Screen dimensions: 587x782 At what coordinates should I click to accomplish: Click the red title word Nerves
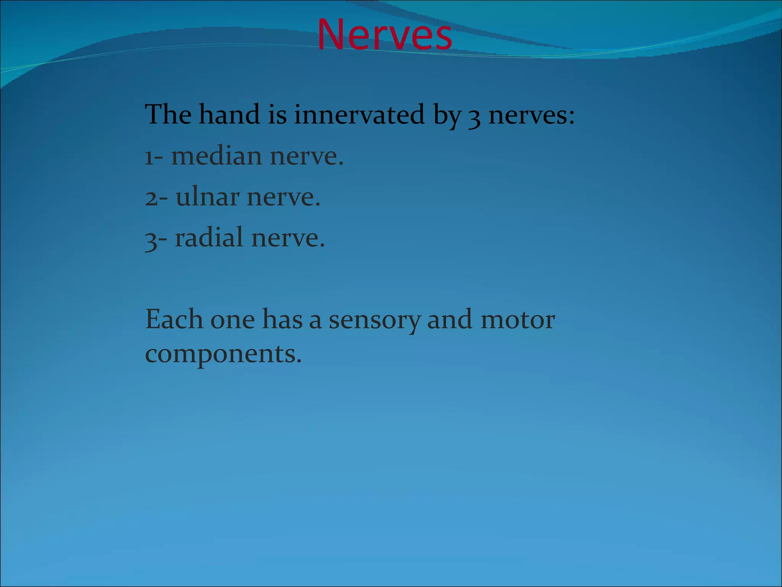[385, 35]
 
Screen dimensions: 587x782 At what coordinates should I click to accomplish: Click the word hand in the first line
[229, 114]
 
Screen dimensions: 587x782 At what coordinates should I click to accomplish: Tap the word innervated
[359, 114]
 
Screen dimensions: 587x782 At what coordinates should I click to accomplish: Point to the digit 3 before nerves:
[474, 117]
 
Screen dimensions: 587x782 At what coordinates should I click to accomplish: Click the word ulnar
[207, 197]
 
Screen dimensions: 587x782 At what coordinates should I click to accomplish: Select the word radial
[208, 238]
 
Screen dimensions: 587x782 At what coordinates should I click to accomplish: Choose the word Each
[174, 319]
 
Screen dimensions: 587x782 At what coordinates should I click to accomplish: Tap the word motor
[517, 320]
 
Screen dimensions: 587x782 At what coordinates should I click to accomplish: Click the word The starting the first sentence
[168, 114]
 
